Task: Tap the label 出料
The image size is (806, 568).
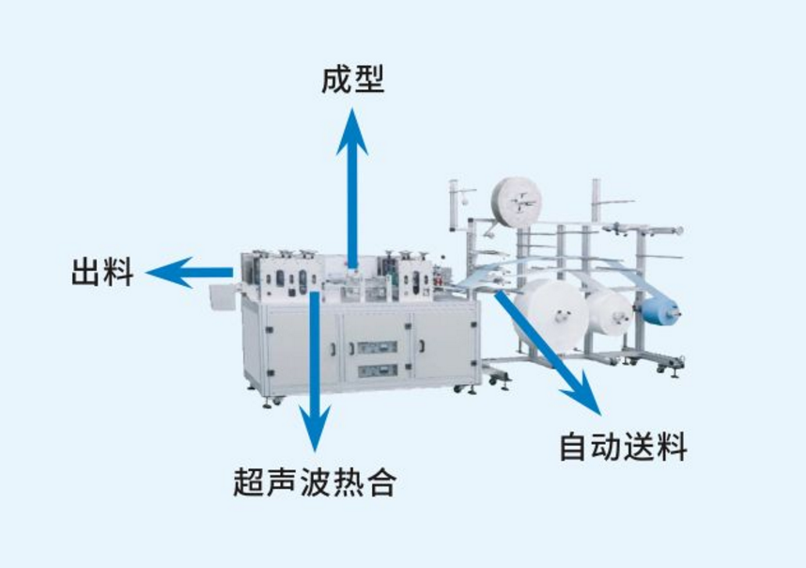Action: [102, 273]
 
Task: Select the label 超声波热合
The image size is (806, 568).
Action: [314, 482]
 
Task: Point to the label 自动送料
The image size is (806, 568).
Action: [623, 446]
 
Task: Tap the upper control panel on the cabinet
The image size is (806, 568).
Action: [377, 347]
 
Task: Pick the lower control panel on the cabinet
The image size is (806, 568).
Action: [377, 370]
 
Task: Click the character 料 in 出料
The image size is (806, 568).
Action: [118, 273]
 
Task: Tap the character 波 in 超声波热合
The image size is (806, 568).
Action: [314, 482]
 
